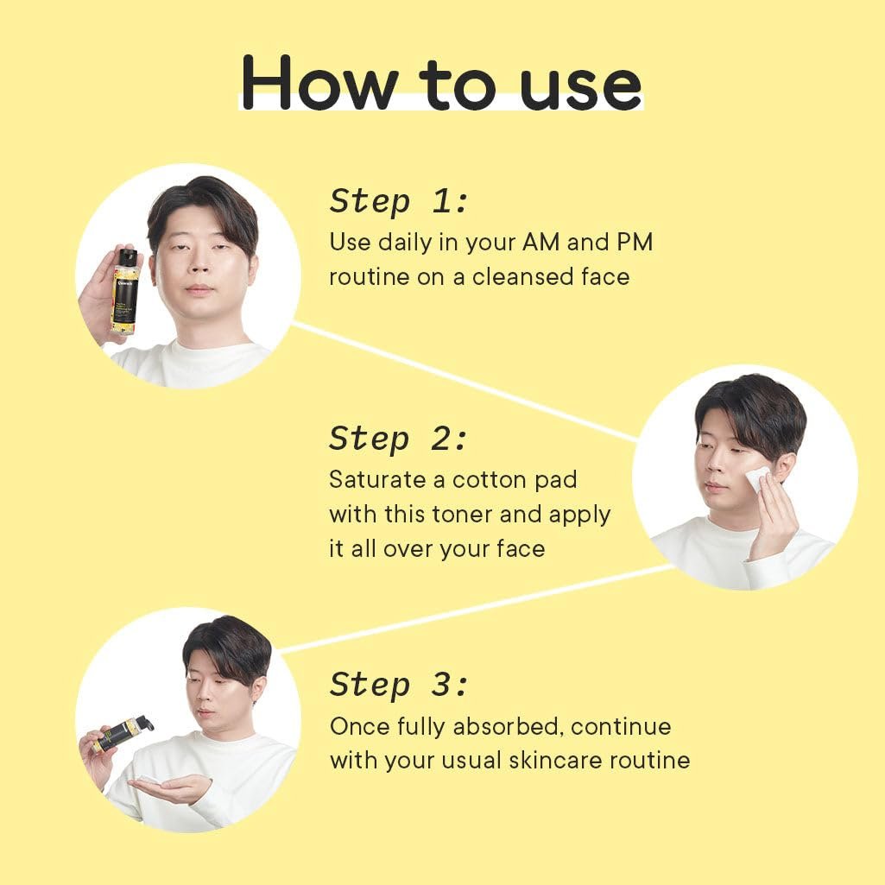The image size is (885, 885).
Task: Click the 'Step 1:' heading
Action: click(x=399, y=201)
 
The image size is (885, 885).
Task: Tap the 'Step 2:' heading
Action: click(x=399, y=439)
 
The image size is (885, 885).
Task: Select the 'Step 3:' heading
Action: click(x=399, y=685)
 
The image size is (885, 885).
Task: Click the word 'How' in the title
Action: click(x=319, y=83)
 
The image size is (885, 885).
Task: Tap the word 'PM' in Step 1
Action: click(x=635, y=242)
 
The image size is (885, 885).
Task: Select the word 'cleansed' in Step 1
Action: click(x=515, y=276)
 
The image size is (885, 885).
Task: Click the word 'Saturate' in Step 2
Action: click(x=377, y=480)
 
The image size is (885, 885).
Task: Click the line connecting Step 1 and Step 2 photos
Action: click(x=465, y=381)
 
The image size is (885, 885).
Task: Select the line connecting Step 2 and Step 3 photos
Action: click(x=476, y=609)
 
